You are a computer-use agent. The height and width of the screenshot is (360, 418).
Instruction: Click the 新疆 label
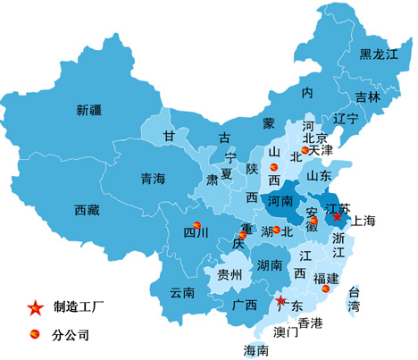click(89, 111)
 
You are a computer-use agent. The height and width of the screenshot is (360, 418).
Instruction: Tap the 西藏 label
click(88, 211)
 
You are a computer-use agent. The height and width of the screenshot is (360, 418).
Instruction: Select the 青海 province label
click(154, 179)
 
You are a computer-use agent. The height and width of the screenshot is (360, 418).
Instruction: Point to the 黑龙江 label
click(378, 54)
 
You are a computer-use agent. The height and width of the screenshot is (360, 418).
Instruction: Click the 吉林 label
click(367, 96)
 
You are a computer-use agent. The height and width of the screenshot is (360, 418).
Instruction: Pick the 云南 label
click(182, 292)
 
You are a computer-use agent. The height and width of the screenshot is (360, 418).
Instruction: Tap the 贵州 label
click(230, 274)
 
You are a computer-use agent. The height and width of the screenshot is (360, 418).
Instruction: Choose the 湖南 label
click(270, 265)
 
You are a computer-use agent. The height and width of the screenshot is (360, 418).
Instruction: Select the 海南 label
click(256, 348)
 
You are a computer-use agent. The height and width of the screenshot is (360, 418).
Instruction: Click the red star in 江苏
click(338, 216)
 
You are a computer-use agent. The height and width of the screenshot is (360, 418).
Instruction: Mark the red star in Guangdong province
click(280, 300)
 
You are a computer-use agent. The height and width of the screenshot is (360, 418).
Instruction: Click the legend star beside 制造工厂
click(35, 308)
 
